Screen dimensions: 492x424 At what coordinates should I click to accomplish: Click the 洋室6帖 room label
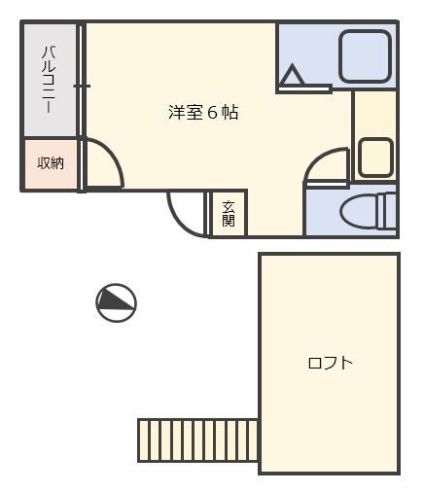click(203, 113)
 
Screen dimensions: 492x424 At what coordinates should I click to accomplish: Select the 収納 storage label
click(51, 163)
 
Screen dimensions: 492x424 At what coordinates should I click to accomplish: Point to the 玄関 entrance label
click(229, 213)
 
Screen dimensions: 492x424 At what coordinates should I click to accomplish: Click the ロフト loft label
click(330, 364)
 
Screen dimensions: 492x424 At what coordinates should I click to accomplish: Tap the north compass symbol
click(116, 302)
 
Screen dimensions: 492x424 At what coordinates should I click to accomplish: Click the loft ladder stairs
click(197, 440)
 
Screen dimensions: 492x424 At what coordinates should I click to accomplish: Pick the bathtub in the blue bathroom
click(365, 56)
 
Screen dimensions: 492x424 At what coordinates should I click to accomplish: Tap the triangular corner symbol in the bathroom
click(293, 75)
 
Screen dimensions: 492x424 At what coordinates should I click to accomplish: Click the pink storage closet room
click(51, 163)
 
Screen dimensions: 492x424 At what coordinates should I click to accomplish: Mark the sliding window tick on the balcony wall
click(82, 87)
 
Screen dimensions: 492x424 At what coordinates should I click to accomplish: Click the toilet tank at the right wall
click(389, 213)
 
